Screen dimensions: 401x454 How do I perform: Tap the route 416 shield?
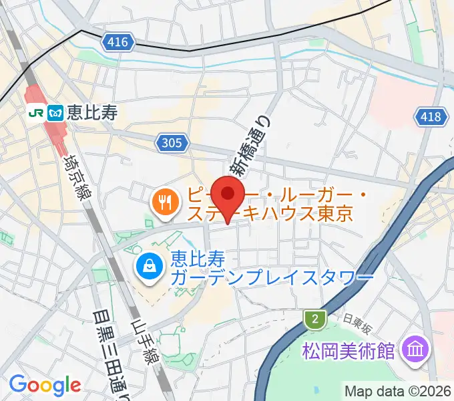coord(116,43)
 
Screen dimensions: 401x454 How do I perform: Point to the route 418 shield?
coord(431,117)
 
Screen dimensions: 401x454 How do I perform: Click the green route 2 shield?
coord(314,320)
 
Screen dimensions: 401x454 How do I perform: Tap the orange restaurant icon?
coord(165,203)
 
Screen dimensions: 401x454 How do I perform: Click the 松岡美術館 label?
coord(350,350)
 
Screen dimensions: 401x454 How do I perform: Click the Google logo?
coord(45,384)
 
